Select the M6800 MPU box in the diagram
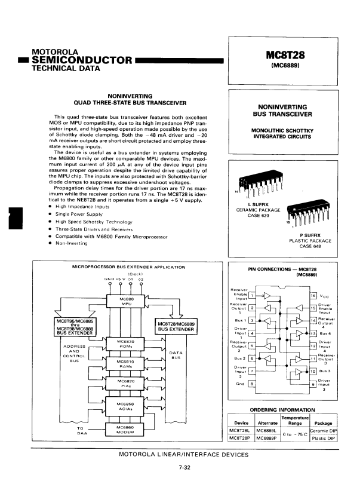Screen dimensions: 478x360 coord(126,301)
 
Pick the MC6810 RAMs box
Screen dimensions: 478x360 coord(126,363)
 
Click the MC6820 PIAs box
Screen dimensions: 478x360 coord(126,383)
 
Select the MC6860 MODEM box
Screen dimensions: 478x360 coord(126,430)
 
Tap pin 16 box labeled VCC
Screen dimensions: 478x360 coord(313,296)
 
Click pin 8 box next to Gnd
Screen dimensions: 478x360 coord(253,384)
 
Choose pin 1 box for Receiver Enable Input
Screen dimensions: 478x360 coord(253,295)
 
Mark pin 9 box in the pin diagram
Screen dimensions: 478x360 coord(313,384)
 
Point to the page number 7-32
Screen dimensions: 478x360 coord(184,467)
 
